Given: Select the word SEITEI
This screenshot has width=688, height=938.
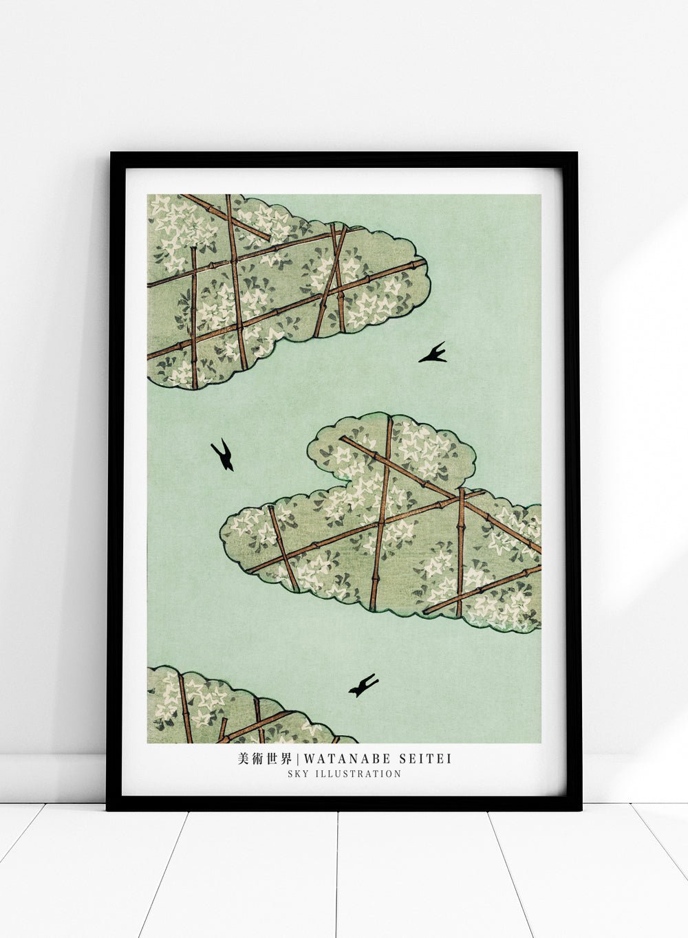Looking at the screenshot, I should pyautogui.click(x=424, y=759).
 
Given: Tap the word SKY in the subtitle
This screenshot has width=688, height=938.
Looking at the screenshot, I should pyautogui.click(x=297, y=774).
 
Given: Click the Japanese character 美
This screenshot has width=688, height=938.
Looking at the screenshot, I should pyautogui.click(x=242, y=759).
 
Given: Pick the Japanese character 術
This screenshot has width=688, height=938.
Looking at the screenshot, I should pyautogui.click(x=257, y=759).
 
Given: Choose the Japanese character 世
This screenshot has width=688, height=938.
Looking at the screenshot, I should pyautogui.click(x=272, y=759).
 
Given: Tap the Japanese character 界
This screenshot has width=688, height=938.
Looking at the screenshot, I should pyautogui.click(x=287, y=759).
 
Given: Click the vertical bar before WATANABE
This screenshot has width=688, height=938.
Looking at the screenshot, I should pyautogui.click(x=299, y=759).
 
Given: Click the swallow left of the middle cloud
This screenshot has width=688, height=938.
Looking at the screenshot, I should pyautogui.click(x=223, y=455).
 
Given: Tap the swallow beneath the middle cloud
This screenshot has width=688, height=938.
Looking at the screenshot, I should pyautogui.click(x=363, y=686).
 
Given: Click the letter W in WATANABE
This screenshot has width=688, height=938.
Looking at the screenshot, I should pyautogui.click(x=309, y=759).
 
